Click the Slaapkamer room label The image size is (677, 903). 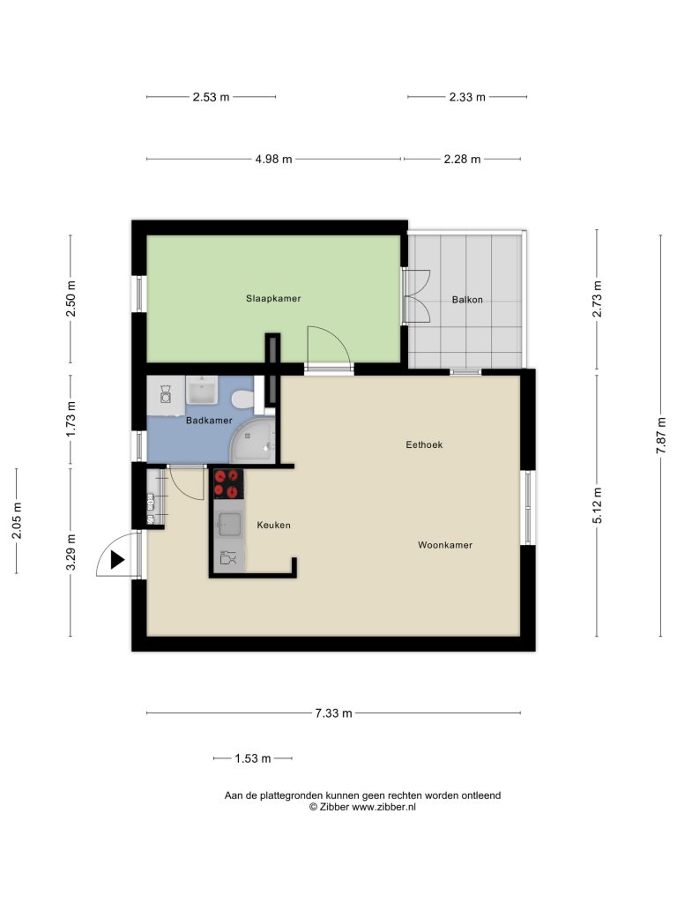tap(273, 298)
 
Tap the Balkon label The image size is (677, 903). tap(467, 300)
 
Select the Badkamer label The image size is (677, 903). tap(209, 421)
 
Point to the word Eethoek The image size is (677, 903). tap(424, 444)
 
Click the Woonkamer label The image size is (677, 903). tap(445, 545)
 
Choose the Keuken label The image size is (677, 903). tap(273, 525)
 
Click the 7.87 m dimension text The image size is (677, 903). tap(661, 436)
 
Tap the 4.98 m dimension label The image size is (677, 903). tap(274, 159)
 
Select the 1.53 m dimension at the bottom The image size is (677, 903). tap(253, 758)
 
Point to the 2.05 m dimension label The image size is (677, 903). tap(17, 520)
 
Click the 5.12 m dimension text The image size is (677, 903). tap(597, 505)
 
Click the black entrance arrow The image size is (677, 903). tap(117, 560)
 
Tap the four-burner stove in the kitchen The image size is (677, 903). tap(228, 484)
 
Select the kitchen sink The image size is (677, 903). tap(228, 524)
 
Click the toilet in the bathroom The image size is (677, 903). tap(242, 399)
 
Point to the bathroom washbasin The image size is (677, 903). tap(202, 391)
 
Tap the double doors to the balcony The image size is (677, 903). tap(417, 296)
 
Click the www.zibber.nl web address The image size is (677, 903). tap(383, 807)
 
